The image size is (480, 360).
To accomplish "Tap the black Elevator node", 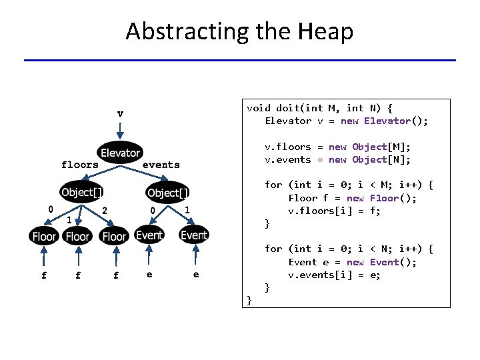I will tap(120, 153).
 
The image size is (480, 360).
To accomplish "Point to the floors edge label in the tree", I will tap(80, 165).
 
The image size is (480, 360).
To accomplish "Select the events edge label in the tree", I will tap(161, 165).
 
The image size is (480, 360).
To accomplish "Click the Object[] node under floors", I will tap(82, 193).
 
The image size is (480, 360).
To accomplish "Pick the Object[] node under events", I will tap(168, 193).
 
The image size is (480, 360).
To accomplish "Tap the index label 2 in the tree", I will tap(105, 210).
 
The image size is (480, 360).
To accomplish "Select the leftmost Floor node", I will tap(44, 236).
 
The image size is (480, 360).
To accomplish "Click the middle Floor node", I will tap(78, 236).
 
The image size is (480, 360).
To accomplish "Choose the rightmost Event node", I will tap(194, 235).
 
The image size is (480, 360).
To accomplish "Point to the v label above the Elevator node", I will tap(120, 113).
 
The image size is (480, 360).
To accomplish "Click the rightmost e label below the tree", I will tap(195, 274).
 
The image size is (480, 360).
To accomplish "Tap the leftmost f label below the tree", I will tap(44, 275).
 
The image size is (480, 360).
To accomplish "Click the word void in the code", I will tap(259, 108).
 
